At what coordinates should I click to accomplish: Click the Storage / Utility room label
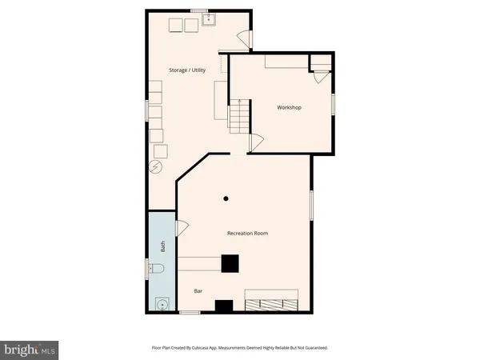coord(187,70)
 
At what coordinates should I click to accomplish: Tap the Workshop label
coord(289,107)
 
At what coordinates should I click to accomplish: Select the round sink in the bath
coord(162,303)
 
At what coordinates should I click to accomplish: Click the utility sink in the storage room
coord(209,19)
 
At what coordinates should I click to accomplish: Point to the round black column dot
coord(226,198)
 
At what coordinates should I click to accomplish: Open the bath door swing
coord(182,228)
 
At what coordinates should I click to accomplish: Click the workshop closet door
coord(320,77)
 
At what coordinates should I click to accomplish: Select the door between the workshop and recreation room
coord(256,143)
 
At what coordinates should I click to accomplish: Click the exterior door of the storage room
coord(247,38)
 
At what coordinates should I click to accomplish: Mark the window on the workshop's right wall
coord(334,104)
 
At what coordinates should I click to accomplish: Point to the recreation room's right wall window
coord(311,203)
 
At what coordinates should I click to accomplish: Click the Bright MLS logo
coord(30,348)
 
